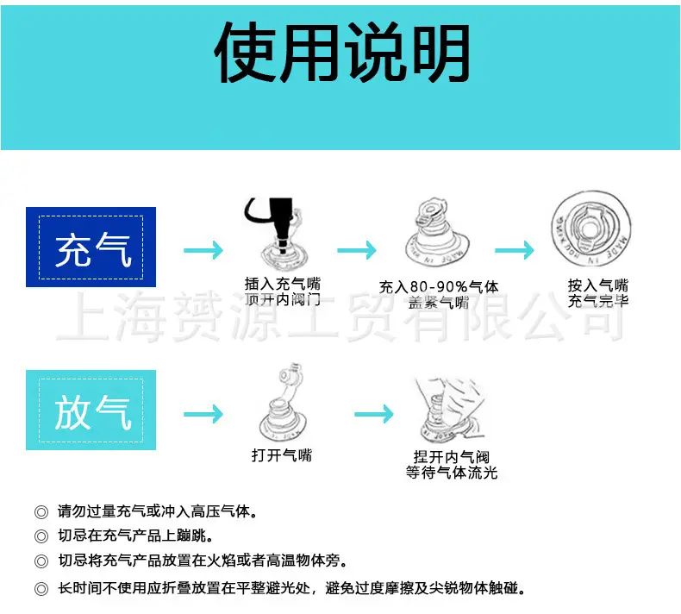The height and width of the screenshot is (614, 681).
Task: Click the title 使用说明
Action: (x=342, y=52)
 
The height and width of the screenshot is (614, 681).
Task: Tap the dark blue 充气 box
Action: (x=91, y=247)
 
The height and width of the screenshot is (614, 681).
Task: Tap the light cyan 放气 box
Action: (x=91, y=410)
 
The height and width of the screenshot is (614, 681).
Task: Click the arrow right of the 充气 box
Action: (x=203, y=250)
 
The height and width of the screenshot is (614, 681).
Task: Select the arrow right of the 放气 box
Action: (x=203, y=414)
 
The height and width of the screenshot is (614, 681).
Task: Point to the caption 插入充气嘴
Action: (x=282, y=284)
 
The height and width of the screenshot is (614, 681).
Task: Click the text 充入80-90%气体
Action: (x=439, y=287)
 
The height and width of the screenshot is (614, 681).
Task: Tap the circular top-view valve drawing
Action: (x=590, y=229)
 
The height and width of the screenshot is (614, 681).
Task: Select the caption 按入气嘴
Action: (x=598, y=285)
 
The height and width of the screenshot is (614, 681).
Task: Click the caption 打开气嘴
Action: (x=282, y=455)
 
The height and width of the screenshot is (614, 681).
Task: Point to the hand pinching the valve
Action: (x=449, y=409)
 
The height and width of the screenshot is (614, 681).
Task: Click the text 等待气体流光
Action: (x=452, y=473)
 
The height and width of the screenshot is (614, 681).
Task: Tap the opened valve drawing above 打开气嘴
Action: (x=283, y=403)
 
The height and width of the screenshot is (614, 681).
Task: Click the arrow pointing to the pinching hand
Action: (x=374, y=414)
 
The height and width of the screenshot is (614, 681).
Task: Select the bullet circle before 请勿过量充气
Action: (x=41, y=512)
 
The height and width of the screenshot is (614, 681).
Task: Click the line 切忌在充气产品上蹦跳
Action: (x=135, y=536)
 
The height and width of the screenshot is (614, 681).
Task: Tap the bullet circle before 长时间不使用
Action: (x=41, y=589)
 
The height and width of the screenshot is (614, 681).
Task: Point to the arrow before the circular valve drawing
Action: (x=515, y=250)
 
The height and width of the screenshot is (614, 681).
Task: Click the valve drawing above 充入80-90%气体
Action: (x=437, y=233)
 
